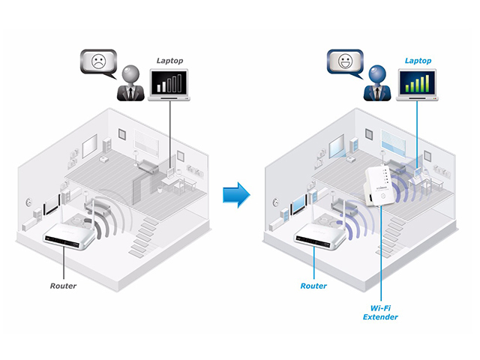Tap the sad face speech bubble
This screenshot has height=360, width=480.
(x=99, y=61)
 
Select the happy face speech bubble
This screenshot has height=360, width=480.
(x=345, y=61)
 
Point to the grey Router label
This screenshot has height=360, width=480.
(x=64, y=286)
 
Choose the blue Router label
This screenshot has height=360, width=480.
(x=314, y=286)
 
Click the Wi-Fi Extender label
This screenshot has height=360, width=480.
(x=381, y=311)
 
